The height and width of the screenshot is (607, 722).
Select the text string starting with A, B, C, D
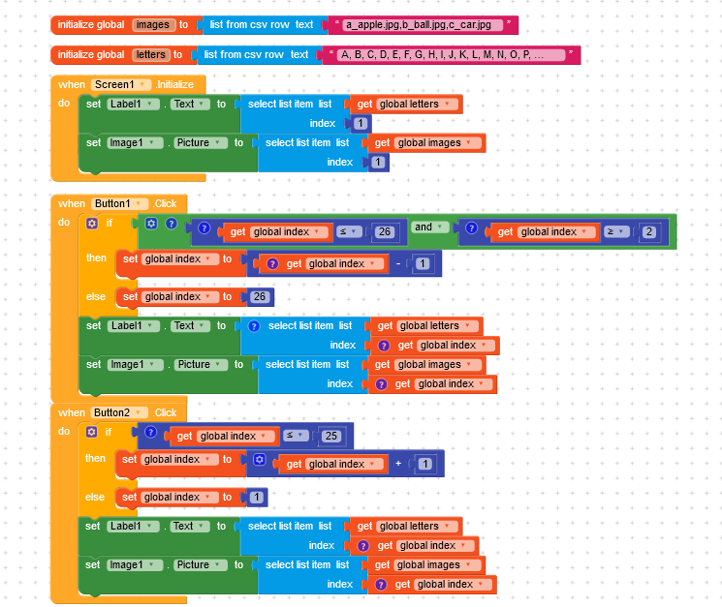coord(452,55)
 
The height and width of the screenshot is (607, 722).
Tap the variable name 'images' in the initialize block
coord(152,24)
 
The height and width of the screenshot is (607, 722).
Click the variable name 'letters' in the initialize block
coord(150,55)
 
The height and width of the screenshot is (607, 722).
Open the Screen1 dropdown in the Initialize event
coord(120,85)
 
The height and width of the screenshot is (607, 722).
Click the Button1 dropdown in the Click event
coord(120,203)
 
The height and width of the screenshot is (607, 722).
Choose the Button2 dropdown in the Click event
coord(120,412)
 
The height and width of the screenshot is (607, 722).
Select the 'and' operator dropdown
coord(429,228)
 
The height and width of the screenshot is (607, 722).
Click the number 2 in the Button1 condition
coord(648,232)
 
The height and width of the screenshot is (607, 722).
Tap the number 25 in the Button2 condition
coord(331,437)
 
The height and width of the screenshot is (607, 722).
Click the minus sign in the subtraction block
coord(396,263)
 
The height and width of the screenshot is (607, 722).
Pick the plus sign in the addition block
coord(397,464)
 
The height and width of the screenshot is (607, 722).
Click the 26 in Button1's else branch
coord(259,297)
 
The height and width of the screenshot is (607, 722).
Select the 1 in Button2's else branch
coord(256,498)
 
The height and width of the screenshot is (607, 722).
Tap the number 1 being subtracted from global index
coord(423,264)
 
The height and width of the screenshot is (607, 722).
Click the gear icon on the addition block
coord(259,460)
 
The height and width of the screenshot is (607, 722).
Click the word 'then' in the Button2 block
coord(96,459)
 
